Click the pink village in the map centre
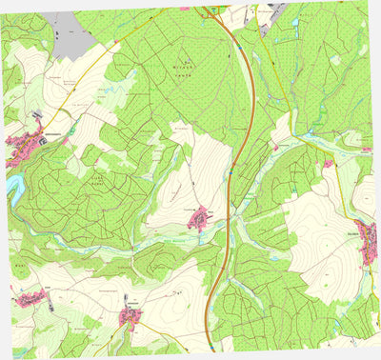click(199, 220)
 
